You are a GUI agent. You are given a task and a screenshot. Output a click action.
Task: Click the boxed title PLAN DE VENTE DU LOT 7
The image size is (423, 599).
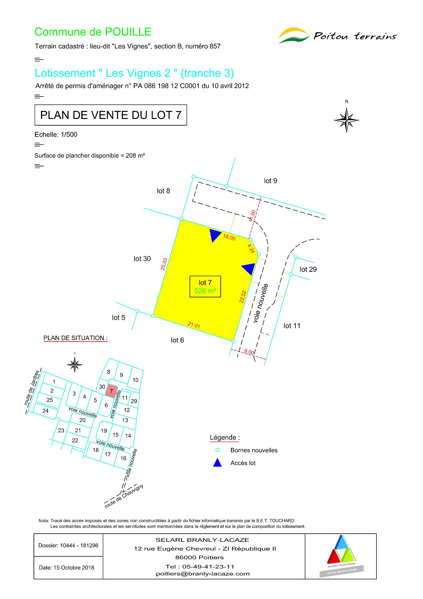pos(111,115)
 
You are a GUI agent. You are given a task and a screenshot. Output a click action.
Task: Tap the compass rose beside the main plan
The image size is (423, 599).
pos(347,120)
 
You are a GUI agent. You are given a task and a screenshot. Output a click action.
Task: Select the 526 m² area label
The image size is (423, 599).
pos(205,291)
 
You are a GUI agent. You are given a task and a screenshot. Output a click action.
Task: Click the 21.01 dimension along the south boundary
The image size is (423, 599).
pos(194,325)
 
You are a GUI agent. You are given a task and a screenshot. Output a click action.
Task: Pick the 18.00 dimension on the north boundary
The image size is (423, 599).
pos(229,237)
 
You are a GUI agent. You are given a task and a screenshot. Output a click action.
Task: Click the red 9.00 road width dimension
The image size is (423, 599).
pos(249,352)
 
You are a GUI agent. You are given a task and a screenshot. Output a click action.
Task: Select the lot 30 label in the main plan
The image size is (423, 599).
pos(142,259)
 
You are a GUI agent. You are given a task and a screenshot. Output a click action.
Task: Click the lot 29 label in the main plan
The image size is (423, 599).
pos(308,269)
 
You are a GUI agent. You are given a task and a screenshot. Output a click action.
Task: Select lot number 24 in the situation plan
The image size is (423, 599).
pos(45,411)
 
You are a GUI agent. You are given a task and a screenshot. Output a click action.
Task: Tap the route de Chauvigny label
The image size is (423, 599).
pos(124,496)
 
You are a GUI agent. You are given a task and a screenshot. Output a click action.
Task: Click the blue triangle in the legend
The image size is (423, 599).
pos(217,463)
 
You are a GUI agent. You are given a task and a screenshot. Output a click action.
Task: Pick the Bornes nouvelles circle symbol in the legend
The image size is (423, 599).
pos(217,450)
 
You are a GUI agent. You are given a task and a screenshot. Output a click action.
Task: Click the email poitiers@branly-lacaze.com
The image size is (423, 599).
pos(203,574)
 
